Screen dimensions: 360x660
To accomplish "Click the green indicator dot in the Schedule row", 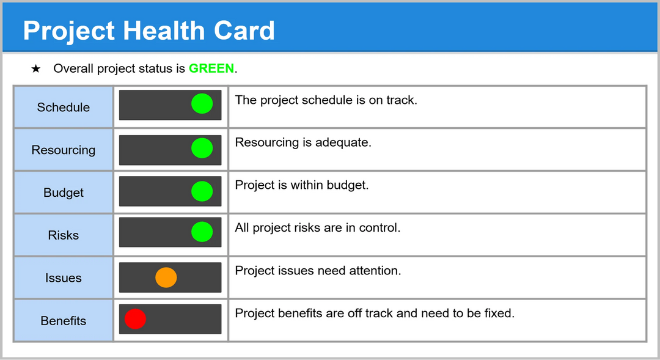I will tap(202, 104).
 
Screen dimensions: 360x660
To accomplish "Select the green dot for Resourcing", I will tap(202, 149).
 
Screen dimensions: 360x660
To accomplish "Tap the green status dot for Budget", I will tap(202, 191).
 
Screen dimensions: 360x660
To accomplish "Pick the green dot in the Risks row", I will tap(202, 232).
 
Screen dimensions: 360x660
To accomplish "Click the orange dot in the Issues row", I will tap(166, 277).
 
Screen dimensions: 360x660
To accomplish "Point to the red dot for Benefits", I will tap(135, 318).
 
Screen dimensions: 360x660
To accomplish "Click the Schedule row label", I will tap(63, 108).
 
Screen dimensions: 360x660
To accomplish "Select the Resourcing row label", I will tap(63, 150).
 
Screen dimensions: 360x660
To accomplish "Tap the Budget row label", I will tap(63, 193).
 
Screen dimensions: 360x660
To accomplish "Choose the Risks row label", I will tap(63, 235).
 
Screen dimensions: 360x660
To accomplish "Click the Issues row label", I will tap(63, 278).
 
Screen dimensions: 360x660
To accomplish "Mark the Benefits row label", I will tap(63, 321).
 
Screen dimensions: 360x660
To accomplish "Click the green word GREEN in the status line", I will tap(211, 68).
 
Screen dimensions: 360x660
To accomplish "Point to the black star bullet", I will tap(36, 68).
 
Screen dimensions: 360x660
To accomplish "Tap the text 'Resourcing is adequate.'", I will tap(303, 142).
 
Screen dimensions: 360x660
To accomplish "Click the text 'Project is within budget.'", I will tap(302, 185).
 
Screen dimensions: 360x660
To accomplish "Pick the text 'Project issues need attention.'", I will tap(318, 270).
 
